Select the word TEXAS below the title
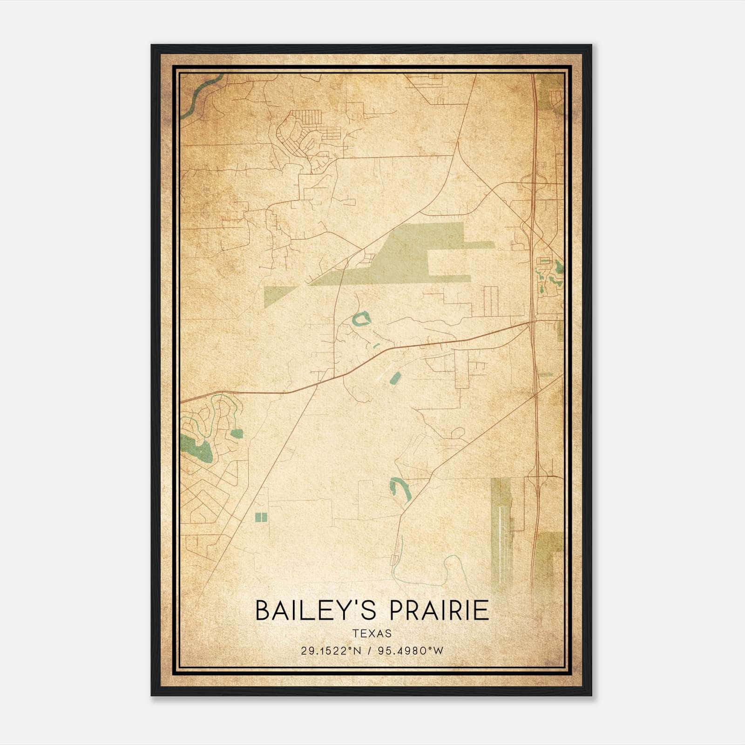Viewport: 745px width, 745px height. (x=372, y=634)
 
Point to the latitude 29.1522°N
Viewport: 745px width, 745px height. (x=331, y=651)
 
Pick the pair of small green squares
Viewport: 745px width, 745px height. (x=262, y=517)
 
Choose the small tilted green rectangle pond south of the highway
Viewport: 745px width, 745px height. (x=394, y=378)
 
